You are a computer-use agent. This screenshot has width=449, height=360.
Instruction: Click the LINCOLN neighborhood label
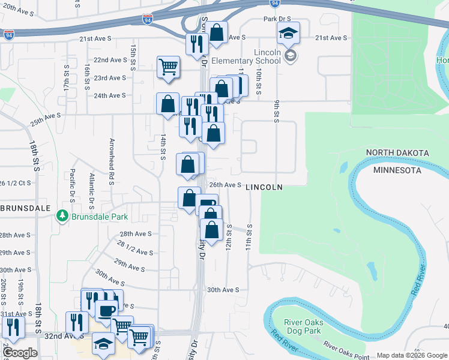(264, 187)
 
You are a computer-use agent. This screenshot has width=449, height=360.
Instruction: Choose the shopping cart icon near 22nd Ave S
(169, 67)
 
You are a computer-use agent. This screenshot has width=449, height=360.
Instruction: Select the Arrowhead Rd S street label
(112, 161)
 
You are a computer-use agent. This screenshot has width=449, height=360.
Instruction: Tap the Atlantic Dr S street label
(92, 185)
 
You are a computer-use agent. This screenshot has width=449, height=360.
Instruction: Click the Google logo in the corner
(20, 353)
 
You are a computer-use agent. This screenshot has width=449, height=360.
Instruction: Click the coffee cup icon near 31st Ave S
(107, 311)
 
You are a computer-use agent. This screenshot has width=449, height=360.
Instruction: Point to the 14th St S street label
(163, 146)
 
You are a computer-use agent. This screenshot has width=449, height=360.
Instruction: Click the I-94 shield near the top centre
(155, 22)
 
